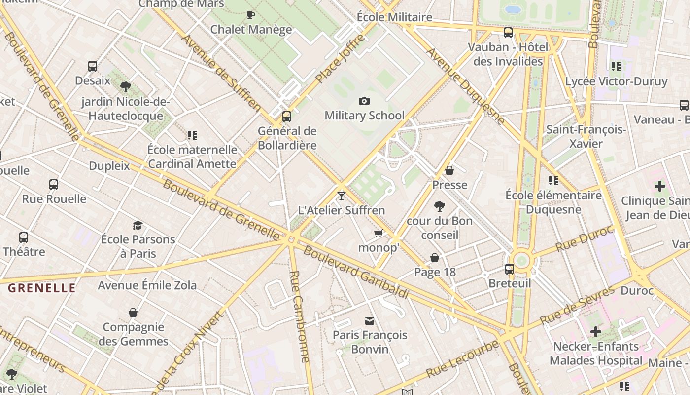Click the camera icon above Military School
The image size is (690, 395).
[364, 101]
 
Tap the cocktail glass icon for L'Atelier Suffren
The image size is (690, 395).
[341, 196]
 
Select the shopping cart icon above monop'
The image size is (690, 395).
[378, 233]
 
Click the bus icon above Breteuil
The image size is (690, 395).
[510, 269]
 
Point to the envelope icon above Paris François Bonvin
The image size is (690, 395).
[369, 321]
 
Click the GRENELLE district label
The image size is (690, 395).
[42, 288]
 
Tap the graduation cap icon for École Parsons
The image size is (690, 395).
[138, 225]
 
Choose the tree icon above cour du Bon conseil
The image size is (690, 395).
[440, 206]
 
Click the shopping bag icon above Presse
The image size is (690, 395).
[449, 170]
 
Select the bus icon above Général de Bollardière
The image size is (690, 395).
[287, 117]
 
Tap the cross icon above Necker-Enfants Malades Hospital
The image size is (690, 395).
[596, 332]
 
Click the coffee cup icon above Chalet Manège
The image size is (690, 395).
[251, 15]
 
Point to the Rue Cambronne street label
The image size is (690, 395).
[300, 316]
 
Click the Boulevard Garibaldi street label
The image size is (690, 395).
[356, 272]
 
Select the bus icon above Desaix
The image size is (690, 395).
[93, 66]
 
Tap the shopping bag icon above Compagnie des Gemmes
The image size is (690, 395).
[133, 313]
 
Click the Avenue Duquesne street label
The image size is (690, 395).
[466, 86]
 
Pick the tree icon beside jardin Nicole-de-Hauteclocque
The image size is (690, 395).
[126, 87]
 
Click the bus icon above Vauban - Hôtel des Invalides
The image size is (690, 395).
[508, 33]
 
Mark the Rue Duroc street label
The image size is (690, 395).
[584, 239]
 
